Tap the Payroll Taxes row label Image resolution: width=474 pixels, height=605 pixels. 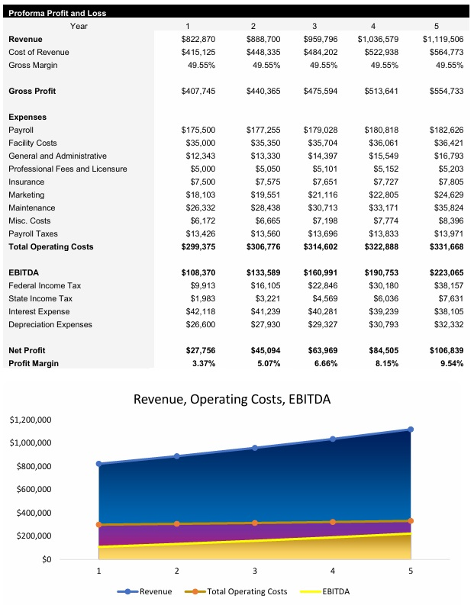click(x=33, y=233)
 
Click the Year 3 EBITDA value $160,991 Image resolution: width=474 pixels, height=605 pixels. click(x=320, y=272)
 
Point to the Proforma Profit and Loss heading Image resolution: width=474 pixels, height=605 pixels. click(x=57, y=13)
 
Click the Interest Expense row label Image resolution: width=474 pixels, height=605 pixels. click(x=39, y=311)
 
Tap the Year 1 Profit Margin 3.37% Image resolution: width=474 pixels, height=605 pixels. click(x=201, y=363)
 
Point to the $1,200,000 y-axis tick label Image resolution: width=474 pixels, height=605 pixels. click(x=31, y=420)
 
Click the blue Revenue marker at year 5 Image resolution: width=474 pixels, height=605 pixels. click(x=411, y=430)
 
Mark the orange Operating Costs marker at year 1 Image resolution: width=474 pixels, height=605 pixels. click(x=98, y=524)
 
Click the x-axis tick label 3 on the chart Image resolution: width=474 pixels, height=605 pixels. click(x=255, y=570)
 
